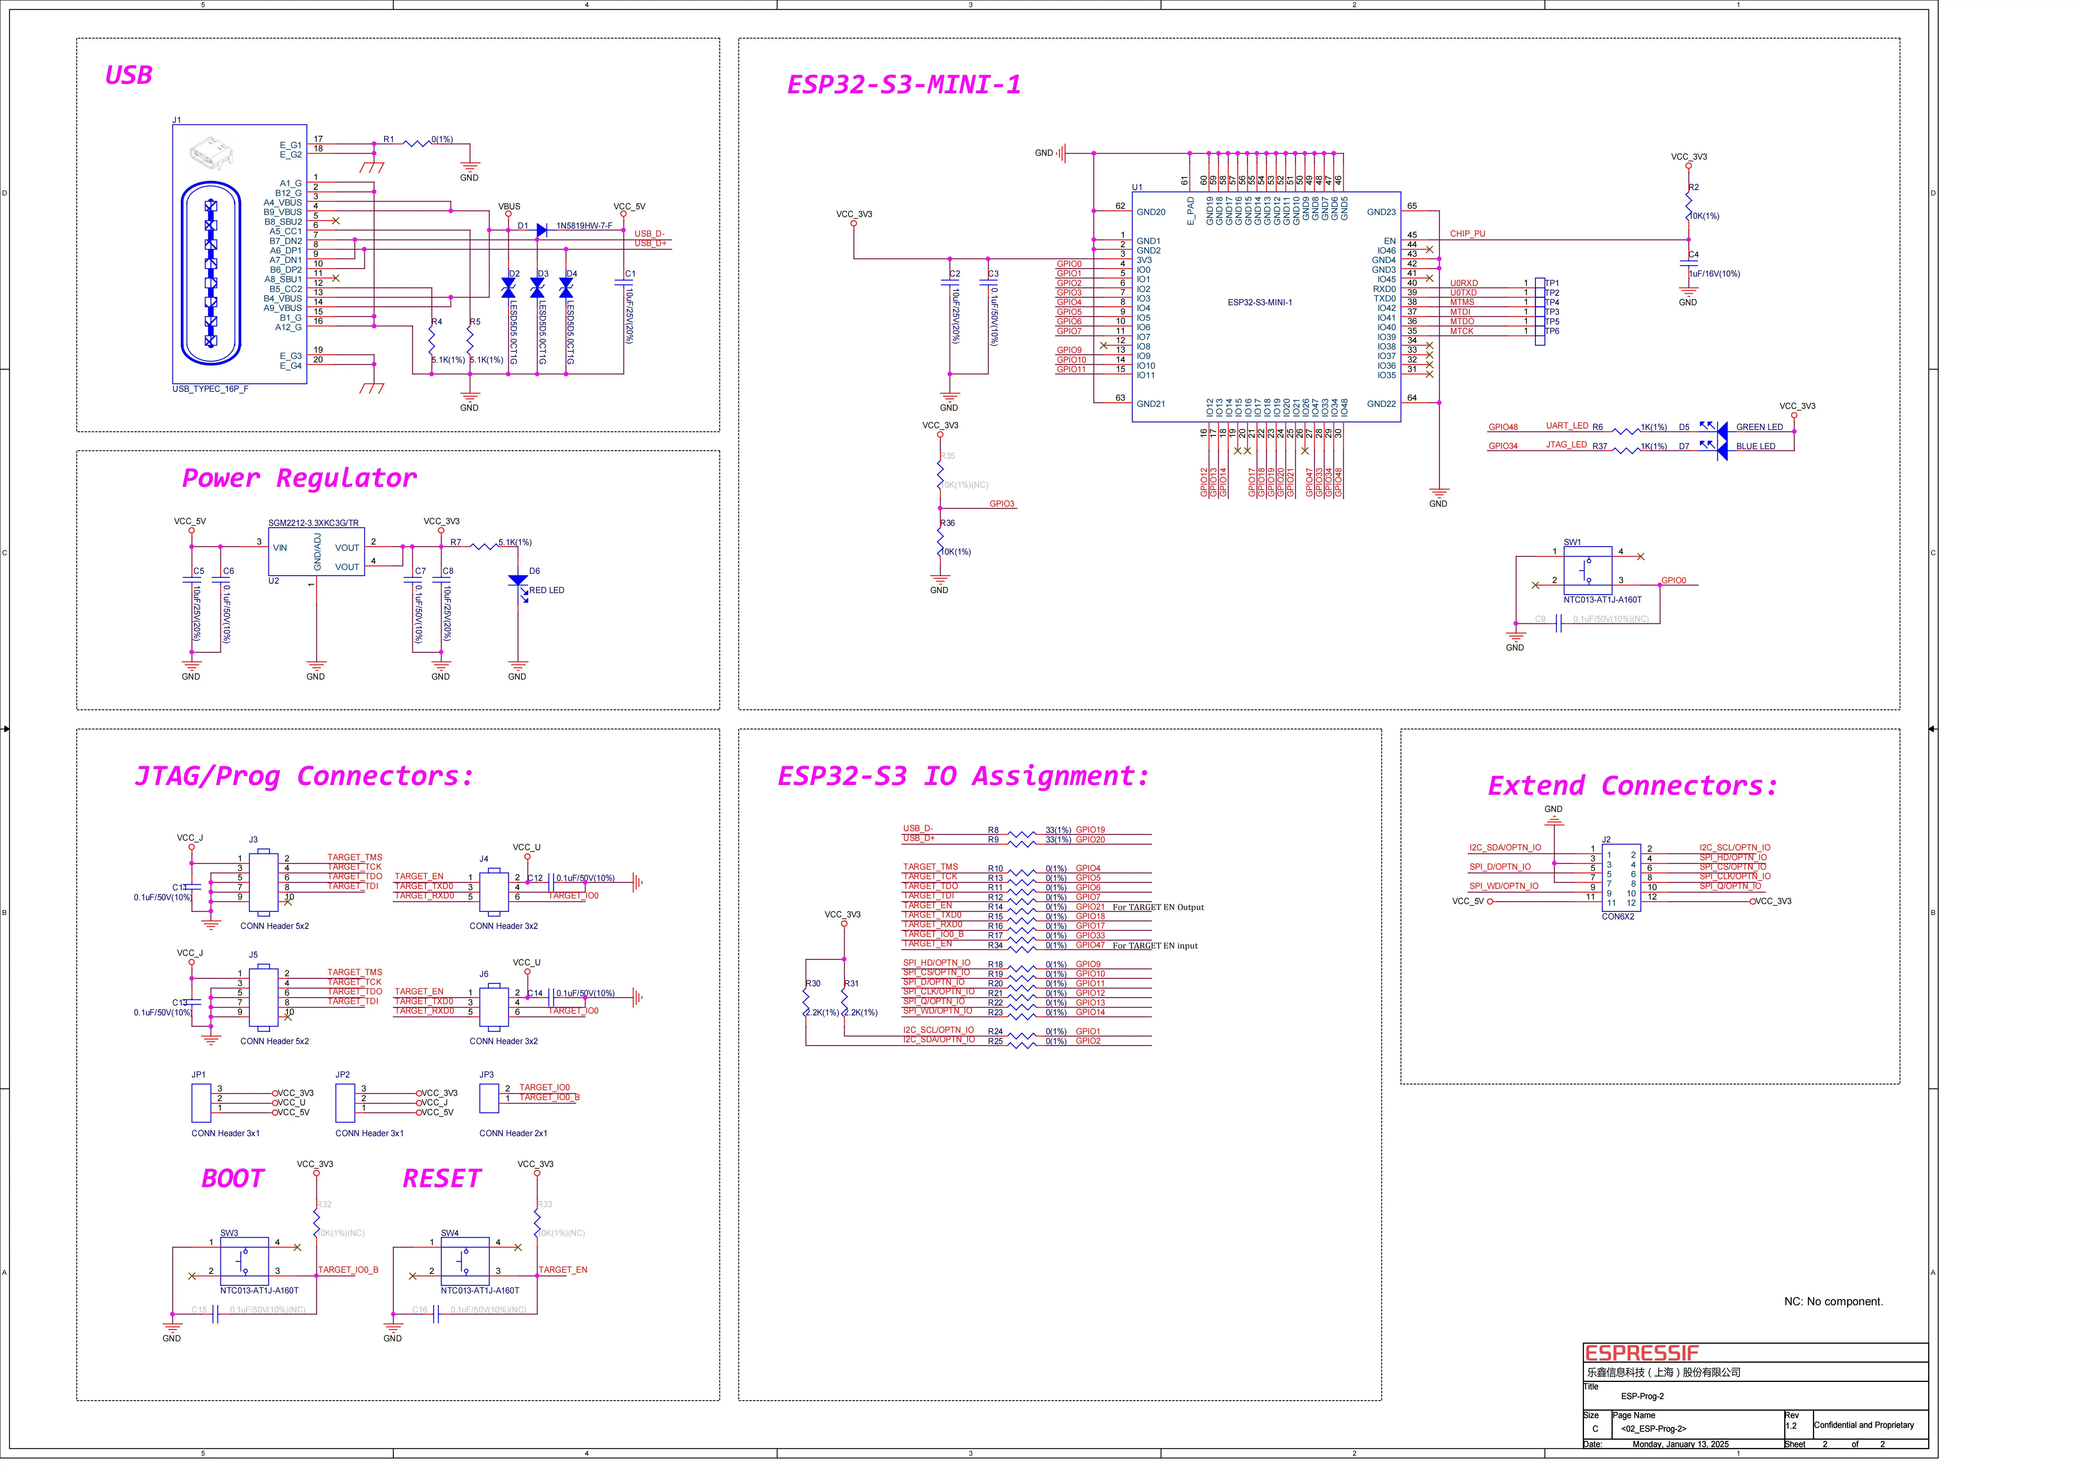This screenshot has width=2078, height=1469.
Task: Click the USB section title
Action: click(x=129, y=75)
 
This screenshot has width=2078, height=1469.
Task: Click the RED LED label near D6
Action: click(x=547, y=590)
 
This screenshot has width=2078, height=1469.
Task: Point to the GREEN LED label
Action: click(x=1758, y=427)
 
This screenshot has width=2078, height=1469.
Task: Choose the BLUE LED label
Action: click(x=1755, y=446)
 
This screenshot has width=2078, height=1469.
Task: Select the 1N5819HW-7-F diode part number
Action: click(x=584, y=225)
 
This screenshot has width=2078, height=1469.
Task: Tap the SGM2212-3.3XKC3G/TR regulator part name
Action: click(x=313, y=523)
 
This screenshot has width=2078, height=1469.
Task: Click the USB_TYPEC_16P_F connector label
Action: click(x=210, y=389)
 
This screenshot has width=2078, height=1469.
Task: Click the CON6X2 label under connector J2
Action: click(x=1617, y=916)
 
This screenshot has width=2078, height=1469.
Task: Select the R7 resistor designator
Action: click(x=455, y=542)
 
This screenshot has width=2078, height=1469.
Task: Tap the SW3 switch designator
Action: click(x=229, y=1233)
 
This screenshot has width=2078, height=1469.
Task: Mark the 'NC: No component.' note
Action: click(x=1833, y=1302)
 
